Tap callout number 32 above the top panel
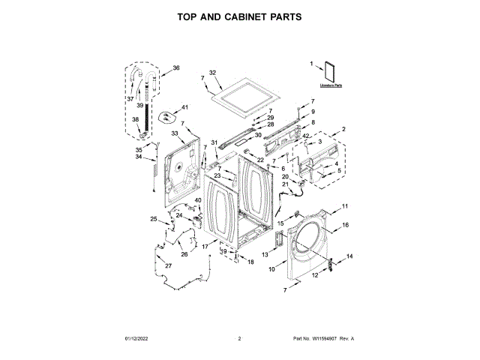click(x=212, y=73)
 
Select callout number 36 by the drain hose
click(x=176, y=68)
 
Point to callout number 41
click(x=184, y=108)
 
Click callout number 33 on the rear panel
click(x=175, y=133)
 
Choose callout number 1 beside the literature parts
click(x=312, y=64)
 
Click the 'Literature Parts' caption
click(x=325, y=86)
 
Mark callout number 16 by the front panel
click(x=346, y=225)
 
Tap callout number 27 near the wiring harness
click(x=169, y=266)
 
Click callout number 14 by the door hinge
click(x=349, y=257)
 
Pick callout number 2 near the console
click(x=343, y=130)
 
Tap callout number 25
click(x=153, y=219)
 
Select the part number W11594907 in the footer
click(x=324, y=339)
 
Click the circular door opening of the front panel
click(x=307, y=240)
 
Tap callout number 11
click(x=346, y=206)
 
